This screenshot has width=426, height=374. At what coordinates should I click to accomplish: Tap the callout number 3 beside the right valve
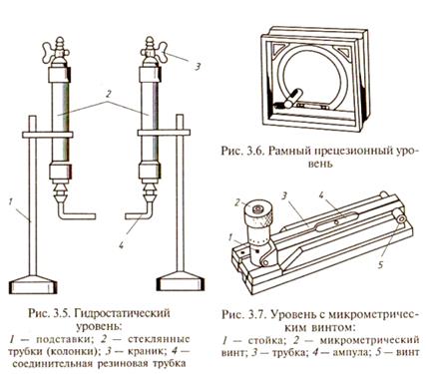click(x=198, y=67)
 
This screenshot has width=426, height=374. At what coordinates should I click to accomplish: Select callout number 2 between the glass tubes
click(x=108, y=94)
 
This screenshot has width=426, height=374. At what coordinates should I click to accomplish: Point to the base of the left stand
click(x=32, y=284)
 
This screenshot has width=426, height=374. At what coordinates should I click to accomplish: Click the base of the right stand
click(x=180, y=281)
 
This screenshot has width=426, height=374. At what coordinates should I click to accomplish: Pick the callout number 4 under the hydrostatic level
click(x=121, y=245)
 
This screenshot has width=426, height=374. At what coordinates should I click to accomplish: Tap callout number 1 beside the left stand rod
click(x=11, y=201)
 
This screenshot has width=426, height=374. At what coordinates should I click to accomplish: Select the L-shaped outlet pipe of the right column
click(x=140, y=211)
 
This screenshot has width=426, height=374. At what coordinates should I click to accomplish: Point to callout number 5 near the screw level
click(x=381, y=264)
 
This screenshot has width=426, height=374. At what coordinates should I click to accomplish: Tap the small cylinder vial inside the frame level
click(x=292, y=99)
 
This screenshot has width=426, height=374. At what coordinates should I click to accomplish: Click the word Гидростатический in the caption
click(x=121, y=314)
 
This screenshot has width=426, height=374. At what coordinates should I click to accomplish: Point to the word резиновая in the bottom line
click(x=122, y=363)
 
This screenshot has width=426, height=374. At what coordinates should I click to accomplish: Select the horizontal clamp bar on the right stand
click(x=164, y=133)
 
